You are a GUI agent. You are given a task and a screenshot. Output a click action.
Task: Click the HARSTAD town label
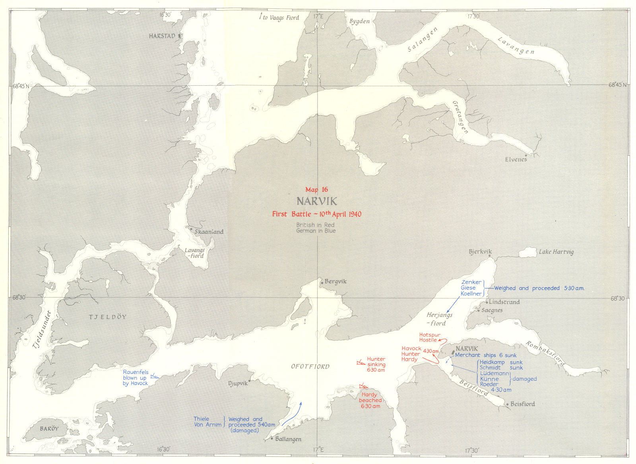tap(162, 36)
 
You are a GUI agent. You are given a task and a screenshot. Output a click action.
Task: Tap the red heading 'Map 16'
tap(316, 190)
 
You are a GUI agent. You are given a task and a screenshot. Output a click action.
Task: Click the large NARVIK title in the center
tap(316, 201)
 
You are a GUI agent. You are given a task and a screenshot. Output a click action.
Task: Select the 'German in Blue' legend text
tap(316, 231)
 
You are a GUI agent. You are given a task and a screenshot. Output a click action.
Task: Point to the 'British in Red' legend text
tap(315, 225)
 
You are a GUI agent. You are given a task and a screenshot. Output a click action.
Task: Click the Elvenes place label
tap(516, 159)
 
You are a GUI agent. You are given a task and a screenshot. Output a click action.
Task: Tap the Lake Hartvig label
tap(556, 252)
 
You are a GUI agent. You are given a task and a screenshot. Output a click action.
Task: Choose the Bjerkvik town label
tap(480, 252)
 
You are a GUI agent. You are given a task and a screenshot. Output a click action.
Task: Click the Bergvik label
tap(335, 282)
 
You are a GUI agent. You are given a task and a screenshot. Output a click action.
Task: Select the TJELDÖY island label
tap(107, 317)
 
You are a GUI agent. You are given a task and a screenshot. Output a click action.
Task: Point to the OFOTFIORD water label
tap(310, 366)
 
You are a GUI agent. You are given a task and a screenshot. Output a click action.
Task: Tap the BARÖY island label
tap(49, 429)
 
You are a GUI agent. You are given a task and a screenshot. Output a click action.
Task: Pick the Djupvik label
tap(238, 383)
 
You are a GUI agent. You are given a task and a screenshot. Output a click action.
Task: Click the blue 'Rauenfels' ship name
tap(136, 372)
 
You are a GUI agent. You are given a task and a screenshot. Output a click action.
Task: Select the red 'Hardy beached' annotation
tap(370, 398)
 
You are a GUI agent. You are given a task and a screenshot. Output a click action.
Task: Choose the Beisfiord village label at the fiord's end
tap(522, 404)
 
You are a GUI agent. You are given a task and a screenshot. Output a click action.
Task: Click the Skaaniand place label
tap(209, 232)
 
